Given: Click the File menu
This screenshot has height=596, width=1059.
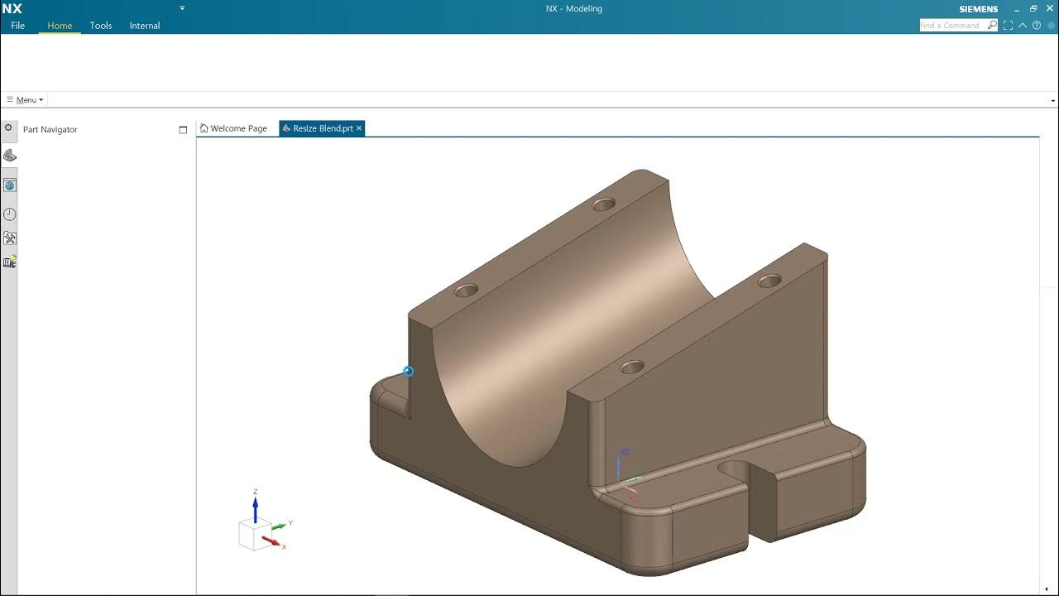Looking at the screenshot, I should point(18,26).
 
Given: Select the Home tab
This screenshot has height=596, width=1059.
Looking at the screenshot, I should point(60,26).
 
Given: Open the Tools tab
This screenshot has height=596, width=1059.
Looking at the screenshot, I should point(101,26).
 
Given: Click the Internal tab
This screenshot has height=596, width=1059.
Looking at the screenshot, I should point(145,26).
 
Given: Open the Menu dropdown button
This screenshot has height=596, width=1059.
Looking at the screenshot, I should point(26,100).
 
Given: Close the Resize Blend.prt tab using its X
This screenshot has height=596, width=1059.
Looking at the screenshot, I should point(359,128).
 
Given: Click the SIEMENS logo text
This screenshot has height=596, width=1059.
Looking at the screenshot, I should point(978,9).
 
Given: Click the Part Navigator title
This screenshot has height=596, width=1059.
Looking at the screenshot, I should point(50,130).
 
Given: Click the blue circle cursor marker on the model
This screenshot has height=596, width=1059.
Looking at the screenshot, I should point(408,372).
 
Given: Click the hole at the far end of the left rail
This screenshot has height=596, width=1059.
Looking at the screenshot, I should point(604,204).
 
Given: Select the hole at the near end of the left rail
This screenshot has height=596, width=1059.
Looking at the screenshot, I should point(467,291).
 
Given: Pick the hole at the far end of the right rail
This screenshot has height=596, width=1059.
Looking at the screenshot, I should point(769,281).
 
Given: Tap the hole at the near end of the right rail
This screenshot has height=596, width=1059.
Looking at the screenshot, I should point(632,367).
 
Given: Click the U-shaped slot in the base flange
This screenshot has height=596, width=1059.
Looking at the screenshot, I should point(736,472).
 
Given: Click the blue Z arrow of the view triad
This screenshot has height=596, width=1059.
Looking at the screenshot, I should point(256,506).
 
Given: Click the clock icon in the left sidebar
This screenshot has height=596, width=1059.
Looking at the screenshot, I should point(10,214).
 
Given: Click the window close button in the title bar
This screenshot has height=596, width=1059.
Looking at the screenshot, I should point(1050,8).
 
